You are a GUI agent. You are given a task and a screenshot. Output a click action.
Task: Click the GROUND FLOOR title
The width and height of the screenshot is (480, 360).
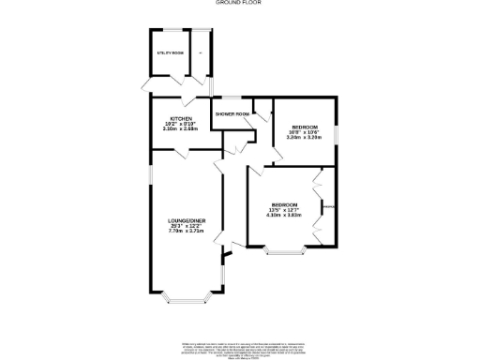[x=240, y=4]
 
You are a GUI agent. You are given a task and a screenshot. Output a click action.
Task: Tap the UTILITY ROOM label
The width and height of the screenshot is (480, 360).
[x=170, y=54]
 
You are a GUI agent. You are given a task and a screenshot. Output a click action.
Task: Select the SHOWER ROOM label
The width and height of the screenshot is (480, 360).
[x=232, y=114]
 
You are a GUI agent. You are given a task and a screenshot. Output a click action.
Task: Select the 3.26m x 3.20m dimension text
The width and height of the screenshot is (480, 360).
[x=305, y=138]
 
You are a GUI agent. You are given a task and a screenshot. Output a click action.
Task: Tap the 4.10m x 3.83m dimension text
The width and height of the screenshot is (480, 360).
[x=284, y=215]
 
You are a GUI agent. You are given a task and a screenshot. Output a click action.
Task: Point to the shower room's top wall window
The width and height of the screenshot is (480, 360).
[x=232, y=97]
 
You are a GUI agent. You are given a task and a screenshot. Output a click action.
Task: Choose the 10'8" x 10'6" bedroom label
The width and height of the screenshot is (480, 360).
[x=305, y=127]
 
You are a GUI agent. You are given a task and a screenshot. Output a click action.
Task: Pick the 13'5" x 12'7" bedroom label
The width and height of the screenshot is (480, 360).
[x=284, y=204]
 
